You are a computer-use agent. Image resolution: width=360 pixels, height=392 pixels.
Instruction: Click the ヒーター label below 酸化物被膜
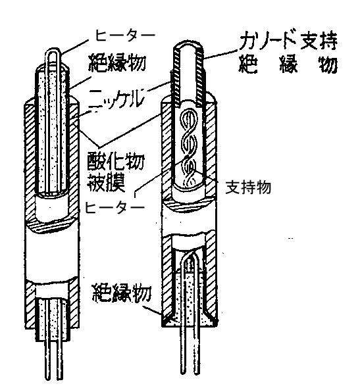[115, 207]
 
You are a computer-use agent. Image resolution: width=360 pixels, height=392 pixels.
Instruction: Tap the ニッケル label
[116, 99]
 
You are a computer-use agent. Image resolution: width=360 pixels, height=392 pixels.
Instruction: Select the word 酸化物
[116, 162]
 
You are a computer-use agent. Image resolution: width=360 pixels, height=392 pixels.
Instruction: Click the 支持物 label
[248, 187]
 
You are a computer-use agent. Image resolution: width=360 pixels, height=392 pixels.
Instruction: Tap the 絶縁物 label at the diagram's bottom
[122, 293]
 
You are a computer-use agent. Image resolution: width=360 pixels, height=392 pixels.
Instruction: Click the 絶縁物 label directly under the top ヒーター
[117, 62]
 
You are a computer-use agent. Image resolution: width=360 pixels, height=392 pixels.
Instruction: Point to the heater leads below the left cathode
[53, 360]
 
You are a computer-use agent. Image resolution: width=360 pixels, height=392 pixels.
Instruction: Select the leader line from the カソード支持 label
[220, 54]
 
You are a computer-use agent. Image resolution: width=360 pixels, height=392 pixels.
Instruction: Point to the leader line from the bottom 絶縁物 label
[153, 309]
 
